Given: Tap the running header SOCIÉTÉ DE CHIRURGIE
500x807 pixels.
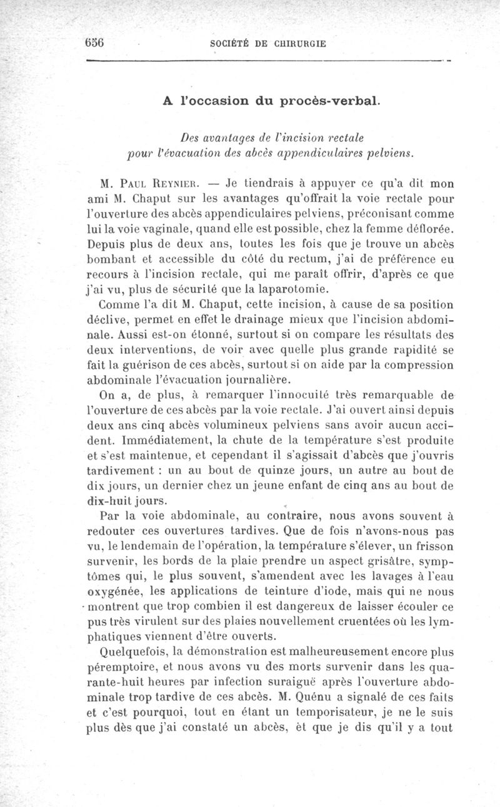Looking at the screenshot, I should point(269,44).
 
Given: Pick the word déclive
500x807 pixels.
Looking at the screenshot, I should point(107,321).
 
